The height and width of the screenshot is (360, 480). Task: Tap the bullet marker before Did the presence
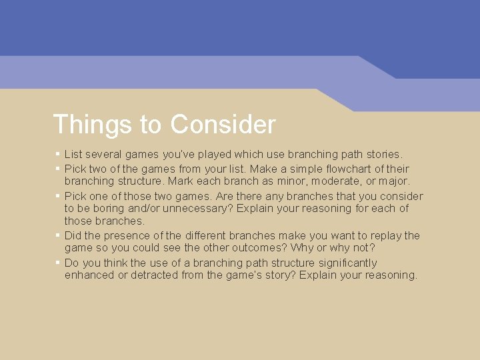[x=58, y=235]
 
